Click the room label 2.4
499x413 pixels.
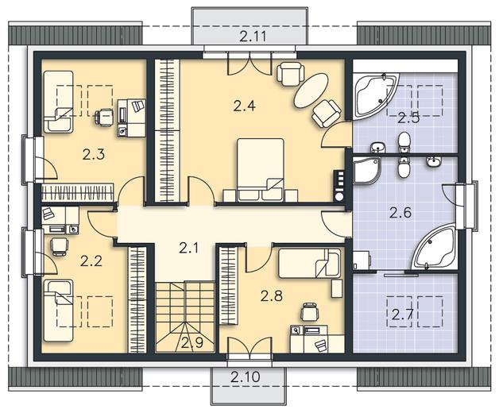pos(244,106)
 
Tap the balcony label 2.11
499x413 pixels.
pos(253,37)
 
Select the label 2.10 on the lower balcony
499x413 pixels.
pos(246,377)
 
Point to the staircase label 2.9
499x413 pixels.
pos(192,342)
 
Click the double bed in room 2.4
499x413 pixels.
pos(261,170)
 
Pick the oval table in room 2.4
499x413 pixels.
pos(311,91)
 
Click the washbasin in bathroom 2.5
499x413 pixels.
pos(377,147)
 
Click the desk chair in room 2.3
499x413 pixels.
pos(104,117)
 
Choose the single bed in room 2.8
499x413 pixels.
pos(309,264)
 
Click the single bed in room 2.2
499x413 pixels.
pos(59,311)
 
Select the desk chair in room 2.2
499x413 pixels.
pos(59,246)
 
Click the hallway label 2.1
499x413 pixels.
pos(189,248)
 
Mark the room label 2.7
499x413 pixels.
pos(402,315)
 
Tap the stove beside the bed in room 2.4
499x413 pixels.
pos(338,186)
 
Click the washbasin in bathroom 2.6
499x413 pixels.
pos(433,162)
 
